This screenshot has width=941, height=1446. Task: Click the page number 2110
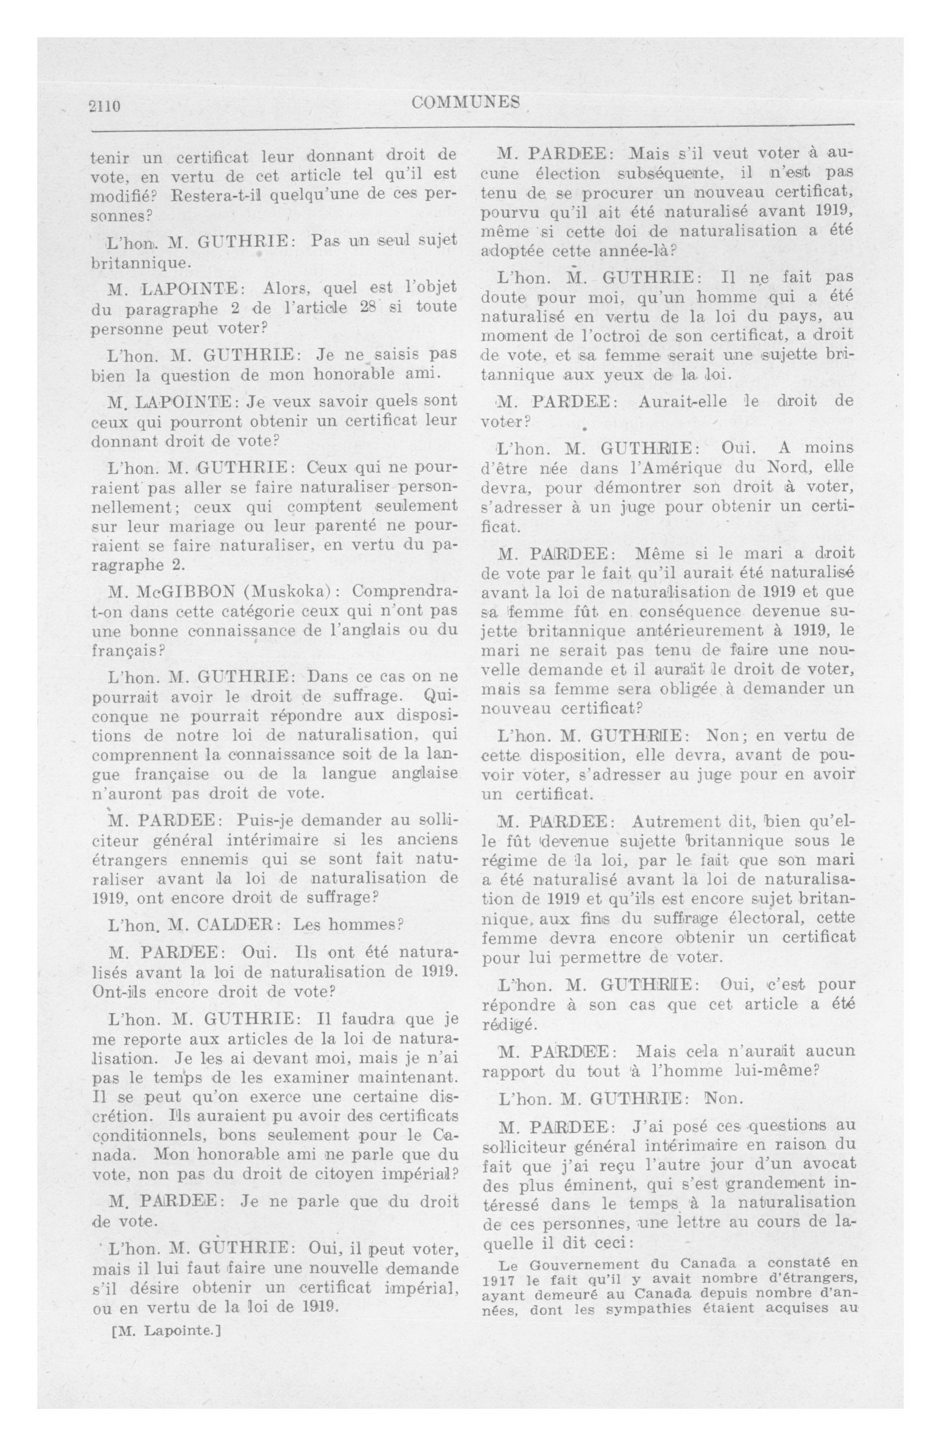(105, 106)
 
